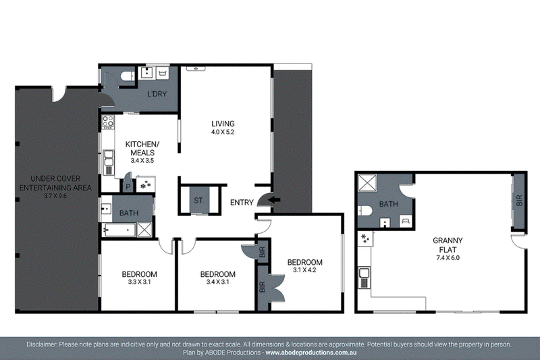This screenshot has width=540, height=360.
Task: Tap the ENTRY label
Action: click(x=242, y=203)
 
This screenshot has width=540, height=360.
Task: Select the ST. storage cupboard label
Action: click(x=199, y=200)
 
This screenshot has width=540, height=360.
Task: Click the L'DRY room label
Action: click(x=157, y=94)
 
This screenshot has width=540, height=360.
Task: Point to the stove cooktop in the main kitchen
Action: click(x=108, y=122)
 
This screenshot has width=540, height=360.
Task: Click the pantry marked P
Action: click(x=128, y=186)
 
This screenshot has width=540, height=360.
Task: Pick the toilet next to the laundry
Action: click(x=128, y=76)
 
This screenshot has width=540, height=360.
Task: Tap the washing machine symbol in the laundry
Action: click(x=163, y=73)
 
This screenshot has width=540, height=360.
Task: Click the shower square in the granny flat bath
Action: click(x=367, y=182)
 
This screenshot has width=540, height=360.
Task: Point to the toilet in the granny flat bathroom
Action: click(x=364, y=211)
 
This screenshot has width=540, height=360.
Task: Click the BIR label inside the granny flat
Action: click(x=519, y=201)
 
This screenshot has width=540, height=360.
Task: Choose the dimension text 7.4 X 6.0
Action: click(x=448, y=258)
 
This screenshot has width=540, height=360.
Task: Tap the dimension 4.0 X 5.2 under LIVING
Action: click(x=223, y=132)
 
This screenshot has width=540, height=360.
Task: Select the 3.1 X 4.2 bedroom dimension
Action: click(x=304, y=270)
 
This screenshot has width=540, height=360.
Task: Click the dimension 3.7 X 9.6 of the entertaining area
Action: click(x=55, y=196)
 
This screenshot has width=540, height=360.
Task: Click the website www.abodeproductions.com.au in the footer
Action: click(x=311, y=353)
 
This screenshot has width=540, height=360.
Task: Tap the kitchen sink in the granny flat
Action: click(x=364, y=278)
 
